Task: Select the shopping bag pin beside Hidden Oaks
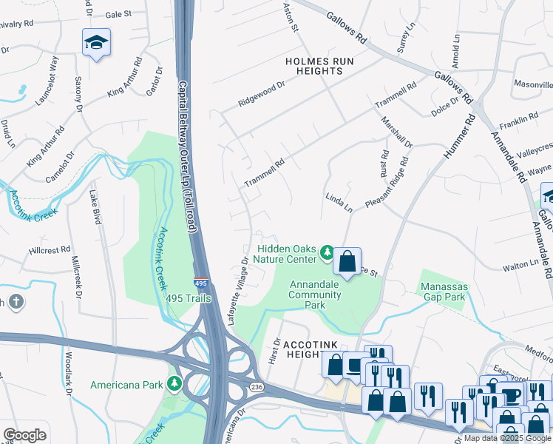pyautogui.click(x=347, y=260)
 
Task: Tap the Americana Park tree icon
pyautogui.click(x=174, y=384)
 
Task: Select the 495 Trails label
pyautogui.click(x=189, y=298)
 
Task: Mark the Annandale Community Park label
pyautogui.click(x=316, y=295)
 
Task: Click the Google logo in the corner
pyautogui.click(x=24, y=434)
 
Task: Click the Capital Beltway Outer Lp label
pyautogui.click(x=186, y=158)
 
